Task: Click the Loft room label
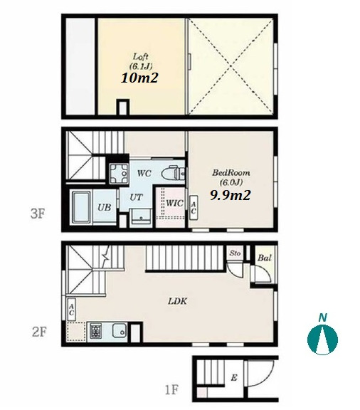click(x=141, y=56)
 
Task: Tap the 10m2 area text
click(x=140, y=78)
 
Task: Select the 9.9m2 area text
click(x=231, y=195)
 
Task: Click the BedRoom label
click(x=231, y=172)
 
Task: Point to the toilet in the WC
click(x=173, y=172)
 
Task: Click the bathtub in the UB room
click(x=81, y=207)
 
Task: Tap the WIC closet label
click(x=174, y=203)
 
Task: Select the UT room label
click(x=136, y=197)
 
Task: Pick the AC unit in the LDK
click(x=71, y=310)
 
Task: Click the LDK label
click(x=178, y=301)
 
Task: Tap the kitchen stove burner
click(x=96, y=331)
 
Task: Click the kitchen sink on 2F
click(x=120, y=330)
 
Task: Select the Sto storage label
click(x=235, y=253)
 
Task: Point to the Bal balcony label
click(x=265, y=258)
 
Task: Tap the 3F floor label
click(x=38, y=214)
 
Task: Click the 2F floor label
click(x=39, y=332)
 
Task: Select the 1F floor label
click(x=171, y=390)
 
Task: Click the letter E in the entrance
click(x=234, y=377)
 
